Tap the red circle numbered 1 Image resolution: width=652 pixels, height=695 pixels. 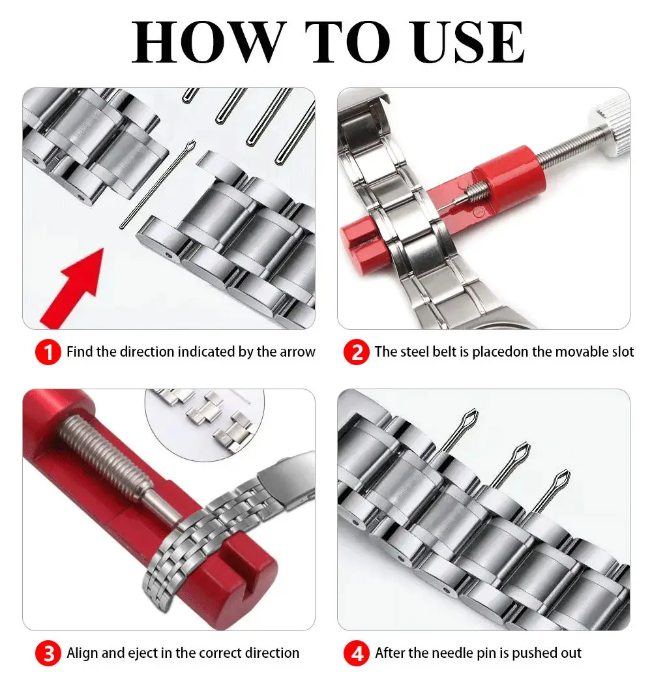(48, 353)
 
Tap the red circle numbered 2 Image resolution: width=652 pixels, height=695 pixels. (357, 353)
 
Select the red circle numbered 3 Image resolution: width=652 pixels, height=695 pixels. (48, 653)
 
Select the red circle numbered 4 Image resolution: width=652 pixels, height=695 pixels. (357, 653)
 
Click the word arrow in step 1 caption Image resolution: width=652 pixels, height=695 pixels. (297, 352)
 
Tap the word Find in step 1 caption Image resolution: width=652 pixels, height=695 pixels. (80, 352)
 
